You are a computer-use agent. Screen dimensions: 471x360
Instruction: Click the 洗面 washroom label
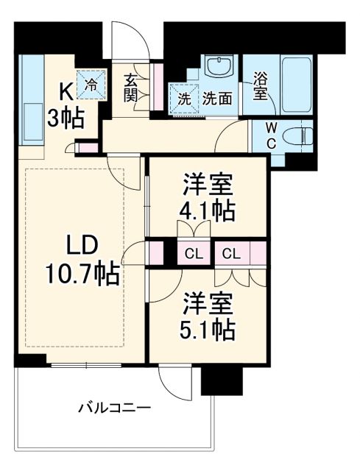click(x=218, y=97)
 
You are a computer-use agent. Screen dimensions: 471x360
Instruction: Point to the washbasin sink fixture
click(x=219, y=68)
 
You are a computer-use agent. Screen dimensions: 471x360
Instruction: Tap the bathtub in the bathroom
click(x=290, y=84)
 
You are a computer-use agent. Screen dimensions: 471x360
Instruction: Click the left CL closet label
click(x=194, y=255)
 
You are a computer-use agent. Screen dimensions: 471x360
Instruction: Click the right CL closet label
click(x=231, y=255)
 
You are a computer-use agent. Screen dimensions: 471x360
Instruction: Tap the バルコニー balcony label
click(x=113, y=407)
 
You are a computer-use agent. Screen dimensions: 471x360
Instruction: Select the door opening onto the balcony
click(x=172, y=383)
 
